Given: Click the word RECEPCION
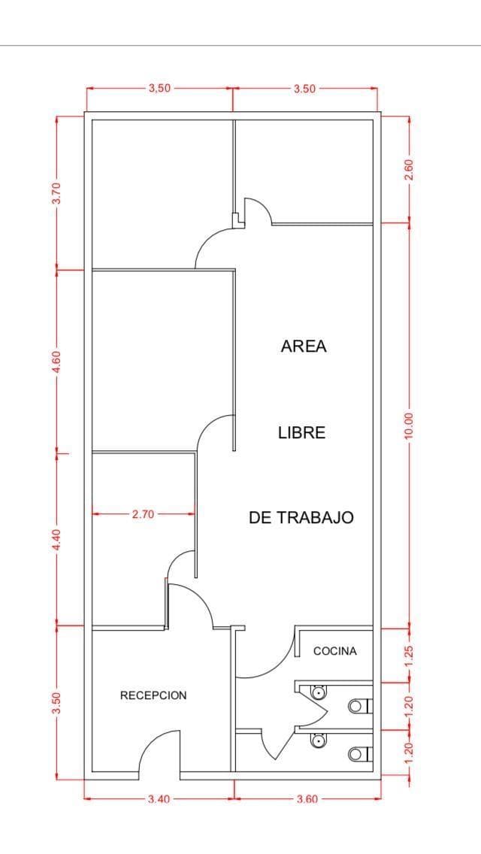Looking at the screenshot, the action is pos(153,695).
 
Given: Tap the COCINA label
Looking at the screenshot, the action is pos(335,651).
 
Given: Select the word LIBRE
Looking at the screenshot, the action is pos(302,432).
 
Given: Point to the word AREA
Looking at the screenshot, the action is pos(304,347).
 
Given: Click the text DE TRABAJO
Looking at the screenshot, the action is pos(301,517).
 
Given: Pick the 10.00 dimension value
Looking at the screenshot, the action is pos(410,425).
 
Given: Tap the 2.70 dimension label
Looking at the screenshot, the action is pos(144,513).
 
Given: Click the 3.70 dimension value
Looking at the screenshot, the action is pos(56,192).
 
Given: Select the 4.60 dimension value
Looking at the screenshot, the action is pos(56,362).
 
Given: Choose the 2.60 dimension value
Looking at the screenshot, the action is pos(410,169).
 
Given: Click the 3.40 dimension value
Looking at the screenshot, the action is pos(159,799).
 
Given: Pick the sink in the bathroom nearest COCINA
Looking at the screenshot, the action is pos(318,692).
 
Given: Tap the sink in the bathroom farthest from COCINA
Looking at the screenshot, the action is pos(318,740).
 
